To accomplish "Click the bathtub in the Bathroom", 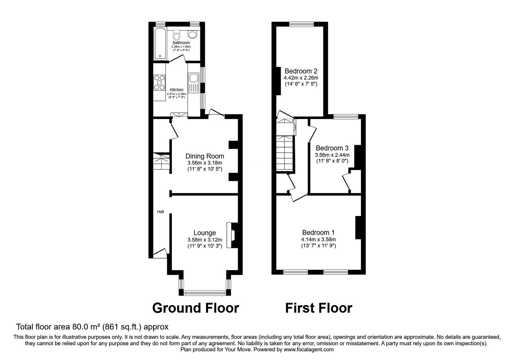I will click(x=160, y=44).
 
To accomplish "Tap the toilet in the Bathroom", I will click(x=177, y=35).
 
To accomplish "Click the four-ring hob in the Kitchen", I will click(x=159, y=82).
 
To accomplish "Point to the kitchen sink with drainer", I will click(x=194, y=82).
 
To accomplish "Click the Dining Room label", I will click(x=205, y=156).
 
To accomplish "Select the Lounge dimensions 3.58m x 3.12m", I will click(x=205, y=240).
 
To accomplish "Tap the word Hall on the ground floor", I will click(x=160, y=212).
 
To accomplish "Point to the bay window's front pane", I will click(x=205, y=292).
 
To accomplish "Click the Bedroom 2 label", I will click(x=301, y=71).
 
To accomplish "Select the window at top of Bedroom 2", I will click(x=301, y=24).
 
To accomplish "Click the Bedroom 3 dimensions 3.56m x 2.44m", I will click(x=332, y=155).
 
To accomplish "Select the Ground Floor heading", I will click(x=195, y=308).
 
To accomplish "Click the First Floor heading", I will click(x=319, y=308).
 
